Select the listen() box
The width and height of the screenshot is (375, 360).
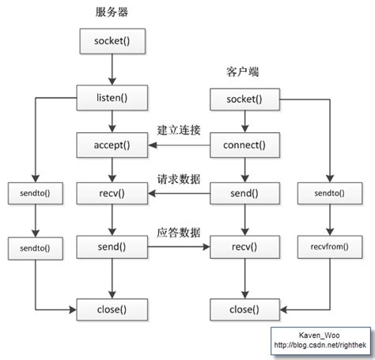pos(112,99)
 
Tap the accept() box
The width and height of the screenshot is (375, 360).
pos(112,145)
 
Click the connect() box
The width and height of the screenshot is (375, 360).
pos(244,145)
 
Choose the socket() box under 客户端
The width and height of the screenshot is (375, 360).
pos(244,99)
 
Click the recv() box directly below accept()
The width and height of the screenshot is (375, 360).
pos(112,192)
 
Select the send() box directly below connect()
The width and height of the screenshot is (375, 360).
pos(244,192)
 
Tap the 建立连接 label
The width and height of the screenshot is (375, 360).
pos(180,130)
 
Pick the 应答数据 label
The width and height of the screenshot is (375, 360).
pos(180,233)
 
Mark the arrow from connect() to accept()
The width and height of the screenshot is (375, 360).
pos(180,146)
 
